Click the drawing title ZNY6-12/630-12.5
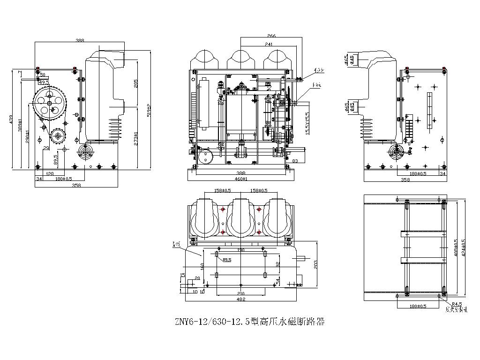coord(249,322)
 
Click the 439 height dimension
coord(11,120)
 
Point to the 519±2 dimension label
coord(149,110)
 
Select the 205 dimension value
coord(135,83)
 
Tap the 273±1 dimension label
coord(135,139)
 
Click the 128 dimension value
coord(50,173)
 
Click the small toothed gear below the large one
coord(58,136)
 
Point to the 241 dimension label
coord(269,44)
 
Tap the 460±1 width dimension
coord(242,179)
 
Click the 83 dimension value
coord(295,161)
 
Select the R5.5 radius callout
coord(227,260)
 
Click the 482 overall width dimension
coord(240,299)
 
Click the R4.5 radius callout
coord(457,304)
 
